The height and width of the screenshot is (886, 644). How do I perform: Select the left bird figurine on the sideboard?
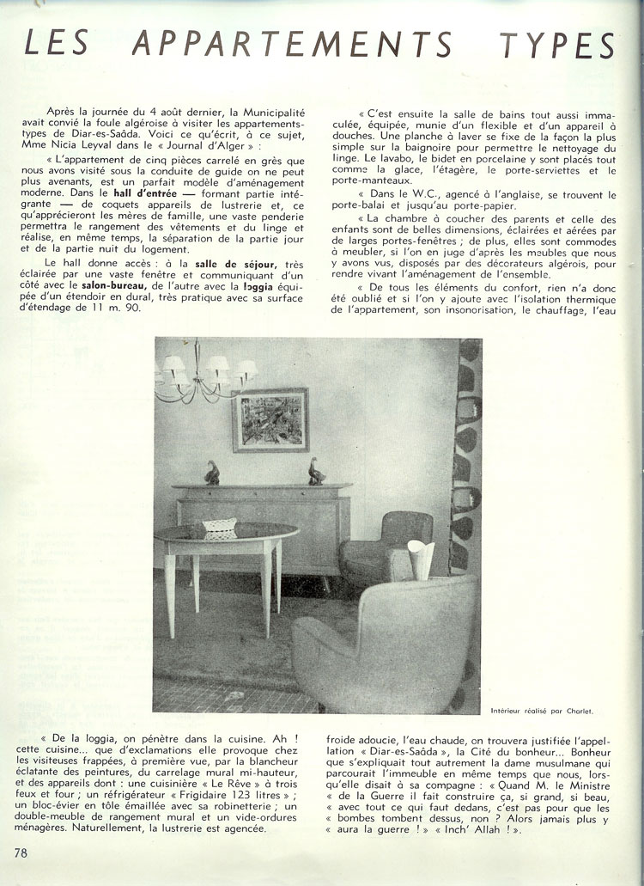(212, 472)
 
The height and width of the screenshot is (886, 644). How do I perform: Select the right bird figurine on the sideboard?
(317, 471)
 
